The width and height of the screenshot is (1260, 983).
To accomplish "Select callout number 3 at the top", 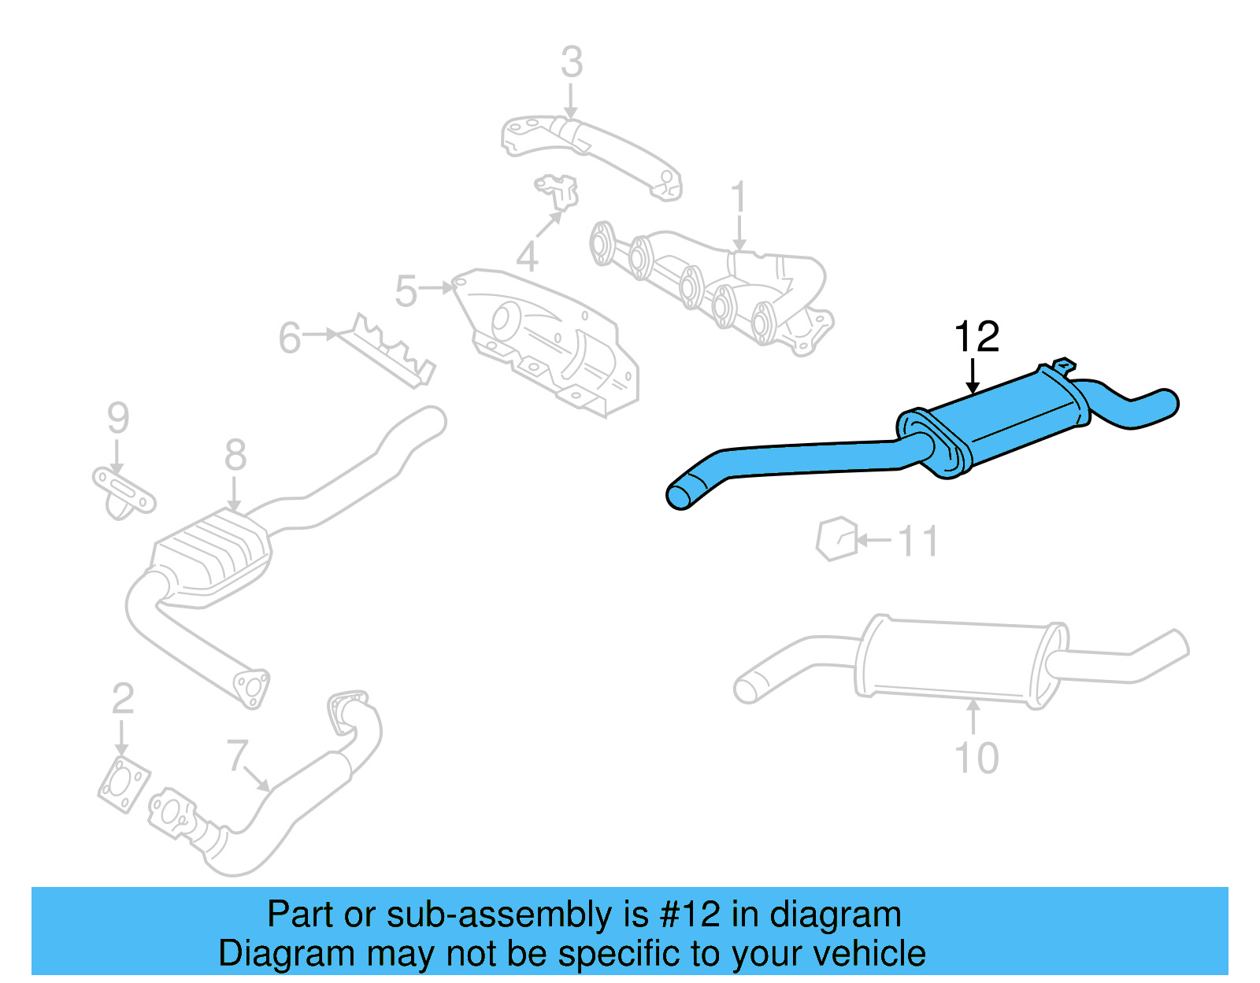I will (572, 62).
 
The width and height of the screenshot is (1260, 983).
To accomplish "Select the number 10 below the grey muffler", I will (976, 758).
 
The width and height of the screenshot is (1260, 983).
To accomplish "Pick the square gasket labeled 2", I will (124, 784).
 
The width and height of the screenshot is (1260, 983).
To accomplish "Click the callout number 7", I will (237, 755).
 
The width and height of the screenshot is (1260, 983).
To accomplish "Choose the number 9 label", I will (117, 418).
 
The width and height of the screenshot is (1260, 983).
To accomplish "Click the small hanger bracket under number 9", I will (124, 492).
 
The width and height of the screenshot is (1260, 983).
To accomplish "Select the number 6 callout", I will (290, 338).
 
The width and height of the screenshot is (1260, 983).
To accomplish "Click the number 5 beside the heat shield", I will (406, 291).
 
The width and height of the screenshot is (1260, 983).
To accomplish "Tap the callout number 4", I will (527, 257).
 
